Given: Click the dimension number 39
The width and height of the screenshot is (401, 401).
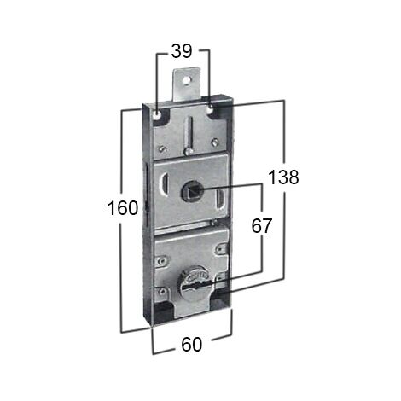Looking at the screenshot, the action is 182,51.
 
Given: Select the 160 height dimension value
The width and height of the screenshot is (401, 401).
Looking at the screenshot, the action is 123,208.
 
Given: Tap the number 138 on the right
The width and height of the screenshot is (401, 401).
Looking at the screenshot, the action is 283,177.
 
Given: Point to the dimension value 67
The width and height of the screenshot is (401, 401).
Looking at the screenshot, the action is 262,226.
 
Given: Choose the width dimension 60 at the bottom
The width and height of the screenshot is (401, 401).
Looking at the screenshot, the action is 191,345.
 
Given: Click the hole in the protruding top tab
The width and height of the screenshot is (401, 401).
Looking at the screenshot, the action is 186,80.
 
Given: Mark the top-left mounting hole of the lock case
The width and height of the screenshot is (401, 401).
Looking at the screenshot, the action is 157,115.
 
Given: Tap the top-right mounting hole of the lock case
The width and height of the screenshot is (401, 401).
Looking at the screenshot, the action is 211,108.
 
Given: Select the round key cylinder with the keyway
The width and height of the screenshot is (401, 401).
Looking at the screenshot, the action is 193,281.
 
